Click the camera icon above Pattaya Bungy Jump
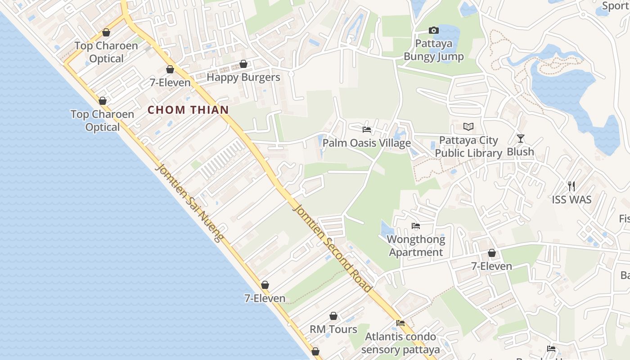coord(433,31)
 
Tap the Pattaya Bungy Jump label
coord(433,50)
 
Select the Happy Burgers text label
coord(243,77)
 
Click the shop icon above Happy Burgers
coord(243,64)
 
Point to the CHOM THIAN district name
coord(188,110)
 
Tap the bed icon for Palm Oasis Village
coord(367,130)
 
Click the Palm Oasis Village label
coord(367,143)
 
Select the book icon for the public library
coord(468,127)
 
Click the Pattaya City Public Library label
coord(468,147)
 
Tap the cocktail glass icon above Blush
coord(521,139)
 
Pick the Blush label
coord(521,152)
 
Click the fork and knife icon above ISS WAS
coord(571,186)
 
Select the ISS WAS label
coord(571,199)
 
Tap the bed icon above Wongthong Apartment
coord(416,226)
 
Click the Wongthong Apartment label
coord(416,246)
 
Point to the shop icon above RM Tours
coord(333,316)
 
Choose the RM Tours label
coord(333,329)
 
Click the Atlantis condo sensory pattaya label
coord(400,343)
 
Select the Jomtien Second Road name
coord(333,247)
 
